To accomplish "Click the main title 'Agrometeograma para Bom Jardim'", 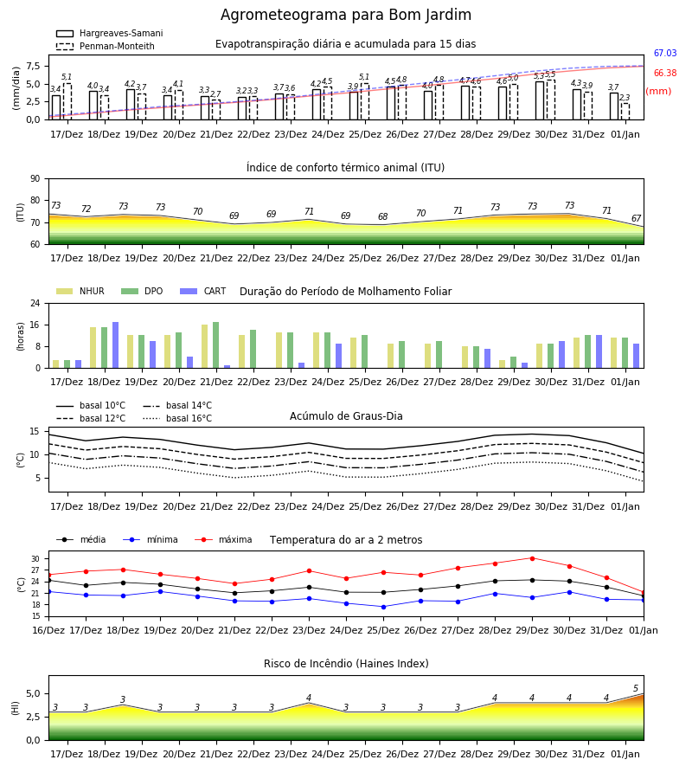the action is (x=345, y=15).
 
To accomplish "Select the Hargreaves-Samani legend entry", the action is (x=109, y=33).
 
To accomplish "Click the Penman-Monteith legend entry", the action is (x=106, y=46).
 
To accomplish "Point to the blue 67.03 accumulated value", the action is (x=665, y=53).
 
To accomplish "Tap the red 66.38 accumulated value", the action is (x=665, y=73).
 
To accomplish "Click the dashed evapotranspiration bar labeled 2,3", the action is (x=625, y=112).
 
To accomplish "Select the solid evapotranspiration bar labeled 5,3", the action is (x=540, y=101).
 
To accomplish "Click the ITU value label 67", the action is (x=636, y=219).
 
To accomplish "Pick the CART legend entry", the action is (x=203, y=291).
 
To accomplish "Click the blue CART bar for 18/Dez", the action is (x=116, y=345).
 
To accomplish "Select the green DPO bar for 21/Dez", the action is (x=216, y=345).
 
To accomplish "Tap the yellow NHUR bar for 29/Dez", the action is (x=503, y=364).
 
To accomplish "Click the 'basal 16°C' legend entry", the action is (x=177, y=418).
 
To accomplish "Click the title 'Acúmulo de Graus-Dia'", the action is (x=346, y=416).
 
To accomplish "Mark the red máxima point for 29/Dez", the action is (x=532, y=558).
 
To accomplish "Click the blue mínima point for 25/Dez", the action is (x=383, y=607).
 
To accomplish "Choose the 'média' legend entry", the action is (x=81, y=539).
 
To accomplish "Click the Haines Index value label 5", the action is (x=636, y=689).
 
